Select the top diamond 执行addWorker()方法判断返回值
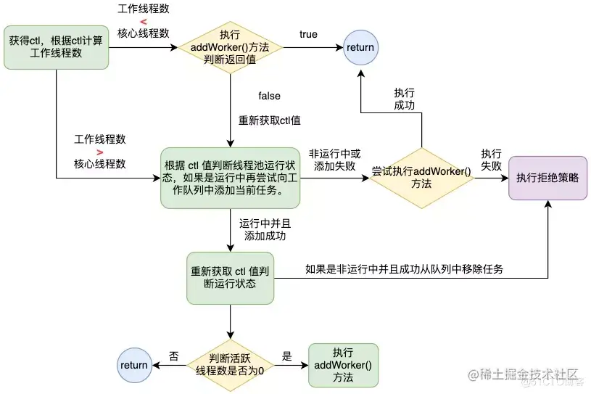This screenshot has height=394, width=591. pyautogui.click(x=230, y=48)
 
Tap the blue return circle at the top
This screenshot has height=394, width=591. pyautogui.click(x=360, y=48)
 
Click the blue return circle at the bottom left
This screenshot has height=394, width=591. pyautogui.click(x=134, y=365)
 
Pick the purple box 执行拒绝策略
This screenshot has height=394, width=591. pyautogui.click(x=547, y=177)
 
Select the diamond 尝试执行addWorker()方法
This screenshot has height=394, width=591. pyautogui.click(x=421, y=178)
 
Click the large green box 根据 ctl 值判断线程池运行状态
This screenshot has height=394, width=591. pyautogui.click(x=230, y=178)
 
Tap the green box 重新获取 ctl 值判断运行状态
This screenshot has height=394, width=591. pyautogui.click(x=230, y=277)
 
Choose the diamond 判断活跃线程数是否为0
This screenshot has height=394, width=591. pyautogui.click(x=230, y=365)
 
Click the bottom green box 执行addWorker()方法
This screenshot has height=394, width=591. pyautogui.click(x=343, y=365)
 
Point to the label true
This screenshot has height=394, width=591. pyautogui.click(x=308, y=35)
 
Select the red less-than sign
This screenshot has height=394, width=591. pyautogui.click(x=143, y=21)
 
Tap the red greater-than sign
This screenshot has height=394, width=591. pyautogui.click(x=99, y=152)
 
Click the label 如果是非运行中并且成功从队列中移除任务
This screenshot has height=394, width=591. pyautogui.click(x=404, y=268)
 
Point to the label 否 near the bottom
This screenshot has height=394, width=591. pyautogui.click(x=174, y=356)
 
